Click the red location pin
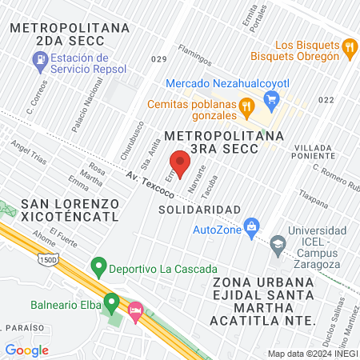(x=181, y=162)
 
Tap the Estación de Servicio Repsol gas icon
(x=38, y=58)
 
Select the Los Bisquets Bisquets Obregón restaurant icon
(x=349, y=49)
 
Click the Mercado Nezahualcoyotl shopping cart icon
(x=271, y=99)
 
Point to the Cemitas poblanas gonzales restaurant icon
(x=246, y=105)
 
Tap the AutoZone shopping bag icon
(x=251, y=225)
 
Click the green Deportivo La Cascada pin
(x=98, y=264)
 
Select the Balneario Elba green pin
(x=111, y=303)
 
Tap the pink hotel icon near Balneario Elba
(x=134, y=309)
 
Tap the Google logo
(x=26, y=350)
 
